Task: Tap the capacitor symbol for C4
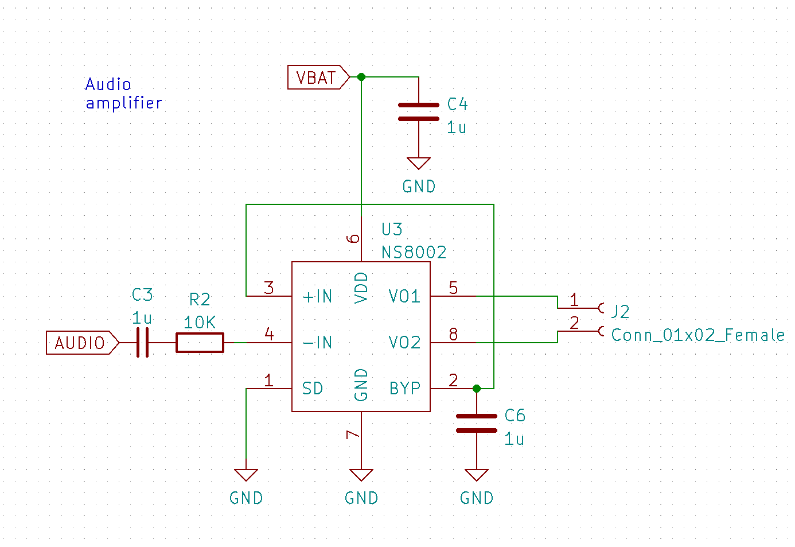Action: pos(419,112)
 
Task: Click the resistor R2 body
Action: pos(200,343)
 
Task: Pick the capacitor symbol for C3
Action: pos(143,343)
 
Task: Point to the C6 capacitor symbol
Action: pos(477,423)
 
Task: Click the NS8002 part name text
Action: pos(414,253)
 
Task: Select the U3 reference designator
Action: pos(392,230)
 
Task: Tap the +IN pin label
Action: pos(317,297)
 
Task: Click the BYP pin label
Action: pos(404,389)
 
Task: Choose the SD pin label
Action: pos(313,389)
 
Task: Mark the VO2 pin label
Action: pos(404,343)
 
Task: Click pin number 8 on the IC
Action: pos(453,334)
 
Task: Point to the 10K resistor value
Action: pos(200,323)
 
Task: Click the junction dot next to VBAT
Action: pos(361,77)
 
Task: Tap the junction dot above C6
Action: pos(477,389)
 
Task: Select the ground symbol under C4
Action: pos(419,164)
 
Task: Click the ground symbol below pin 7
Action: pos(361,475)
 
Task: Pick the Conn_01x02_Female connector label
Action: pos(697,335)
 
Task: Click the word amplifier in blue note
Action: pos(124,103)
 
